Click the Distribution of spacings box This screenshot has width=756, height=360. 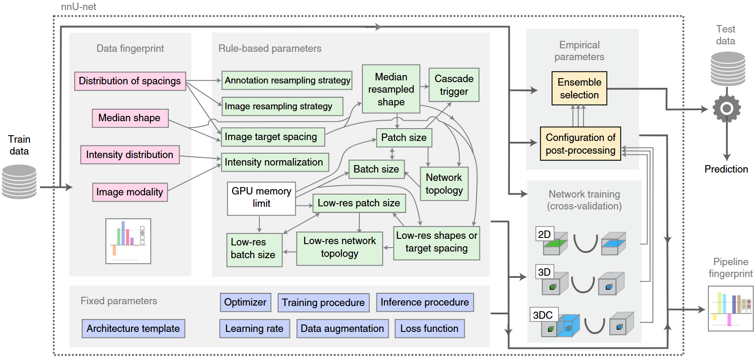130,81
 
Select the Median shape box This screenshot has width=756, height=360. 130,118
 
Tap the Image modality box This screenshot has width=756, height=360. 130,192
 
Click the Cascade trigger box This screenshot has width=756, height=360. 454,85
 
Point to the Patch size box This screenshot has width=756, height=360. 404,137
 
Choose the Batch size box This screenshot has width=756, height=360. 376,169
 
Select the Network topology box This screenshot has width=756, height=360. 444,184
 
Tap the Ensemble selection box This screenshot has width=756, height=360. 579,88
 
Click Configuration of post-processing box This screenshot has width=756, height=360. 580,144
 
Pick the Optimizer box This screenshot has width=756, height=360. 245,302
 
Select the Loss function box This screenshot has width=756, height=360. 430,329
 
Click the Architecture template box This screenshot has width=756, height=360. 133,329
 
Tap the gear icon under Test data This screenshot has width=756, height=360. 727,108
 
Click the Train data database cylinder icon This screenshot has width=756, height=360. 19,182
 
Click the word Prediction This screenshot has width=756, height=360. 726,169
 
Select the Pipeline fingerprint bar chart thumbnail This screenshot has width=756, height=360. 731,309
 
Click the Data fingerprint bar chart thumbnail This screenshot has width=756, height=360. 128,241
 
